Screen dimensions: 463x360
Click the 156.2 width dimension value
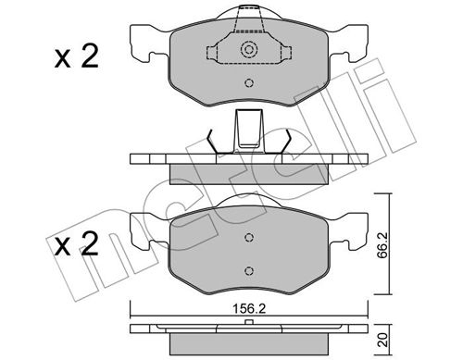pyautogui.click(x=249, y=309)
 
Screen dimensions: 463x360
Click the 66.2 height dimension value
pyautogui.click(x=383, y=244)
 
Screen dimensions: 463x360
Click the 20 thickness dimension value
pyautogui.click(x=383, y=340)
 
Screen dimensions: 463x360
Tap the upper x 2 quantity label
pyautogui.click(x=76, y=56)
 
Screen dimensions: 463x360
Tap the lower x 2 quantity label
pyautogui.click(x=76, y=243)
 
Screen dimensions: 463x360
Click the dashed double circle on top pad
pyautogui.click(x=249, y=49)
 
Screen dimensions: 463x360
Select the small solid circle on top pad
pyautogui.click(x=249, y=83)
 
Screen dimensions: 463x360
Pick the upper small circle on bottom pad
pyautogui.click(x=249, y=237)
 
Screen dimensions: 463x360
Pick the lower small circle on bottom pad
pyautogui.click(x=249, y=271)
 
